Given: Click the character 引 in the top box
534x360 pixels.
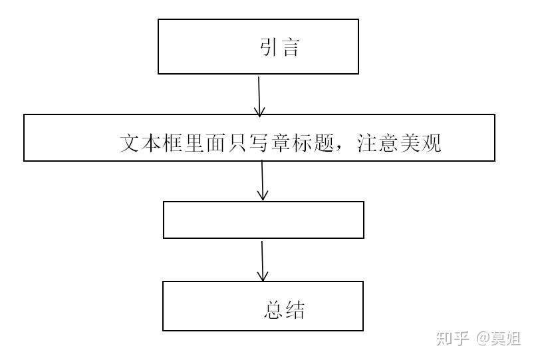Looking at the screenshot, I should click(x=269, y=48).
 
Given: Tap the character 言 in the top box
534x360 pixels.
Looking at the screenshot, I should click(x=291, y=48).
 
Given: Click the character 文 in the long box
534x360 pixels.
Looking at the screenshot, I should click(x=130, y=144).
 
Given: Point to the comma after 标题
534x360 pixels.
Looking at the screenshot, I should click(x=342, y=148).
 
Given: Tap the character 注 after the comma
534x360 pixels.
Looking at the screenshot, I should click(x=368, y=144).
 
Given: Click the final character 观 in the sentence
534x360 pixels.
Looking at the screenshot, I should click(x=432, y=144).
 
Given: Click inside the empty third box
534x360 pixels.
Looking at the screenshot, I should click(x=263, y=220).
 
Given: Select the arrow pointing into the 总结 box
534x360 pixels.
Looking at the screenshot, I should click(x=263, y=261).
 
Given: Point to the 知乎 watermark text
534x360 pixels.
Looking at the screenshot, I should click(x=453, y=339).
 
